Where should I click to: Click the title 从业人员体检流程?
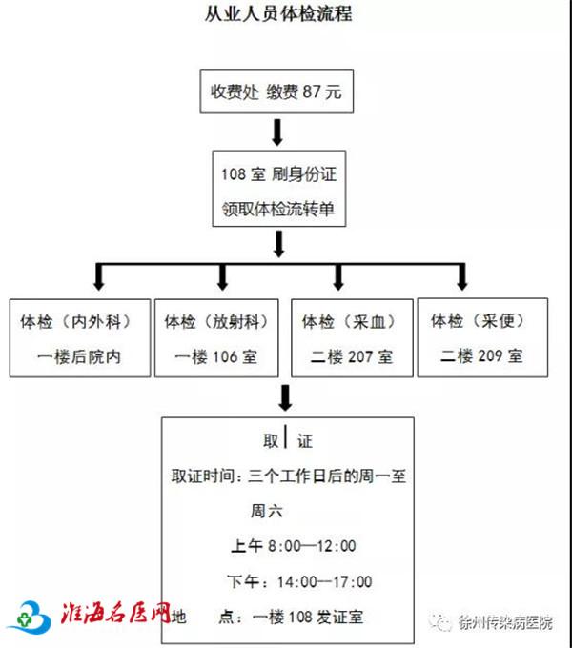click(278, 13)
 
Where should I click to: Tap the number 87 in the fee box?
click(311, 91)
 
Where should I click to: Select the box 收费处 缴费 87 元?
click(276, 91)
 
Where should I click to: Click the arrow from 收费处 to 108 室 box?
click(277, 132)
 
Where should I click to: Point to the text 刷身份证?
click(304, 174)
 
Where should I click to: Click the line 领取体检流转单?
click(278, 209)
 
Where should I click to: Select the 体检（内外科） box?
click(80, 337)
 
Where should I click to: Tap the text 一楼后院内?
click(79, 356)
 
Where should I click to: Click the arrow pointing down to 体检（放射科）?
click(222, 277)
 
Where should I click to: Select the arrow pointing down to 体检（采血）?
click(338, 277)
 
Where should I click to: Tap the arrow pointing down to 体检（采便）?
click(462, 277)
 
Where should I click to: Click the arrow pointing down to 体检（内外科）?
click(99, 277)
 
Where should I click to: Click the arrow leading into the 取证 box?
click(285, 397)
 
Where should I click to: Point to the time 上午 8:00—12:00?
click(294, 546)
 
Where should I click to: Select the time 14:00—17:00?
click(324, 582)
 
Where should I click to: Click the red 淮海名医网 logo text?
click(115, 613)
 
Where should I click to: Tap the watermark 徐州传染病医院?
click(505, 623)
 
